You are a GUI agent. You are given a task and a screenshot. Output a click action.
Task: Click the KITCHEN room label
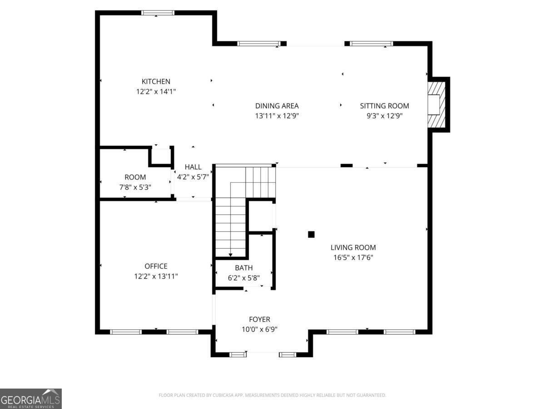tap(156, 81)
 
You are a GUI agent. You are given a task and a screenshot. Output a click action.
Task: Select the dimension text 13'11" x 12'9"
tap(277, 116)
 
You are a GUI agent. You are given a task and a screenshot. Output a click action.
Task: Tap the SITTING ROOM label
tap(384, 106)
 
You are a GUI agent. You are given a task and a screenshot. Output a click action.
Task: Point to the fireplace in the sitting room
tap(436, 105)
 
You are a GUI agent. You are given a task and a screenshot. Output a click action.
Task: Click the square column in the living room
tap(311, 234)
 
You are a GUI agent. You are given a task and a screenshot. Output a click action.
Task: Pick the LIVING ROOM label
tap(353, 248)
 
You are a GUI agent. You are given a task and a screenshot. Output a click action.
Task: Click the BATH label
tap(244, 268)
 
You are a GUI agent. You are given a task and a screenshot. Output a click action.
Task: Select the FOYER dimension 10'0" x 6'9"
tap(259, 329)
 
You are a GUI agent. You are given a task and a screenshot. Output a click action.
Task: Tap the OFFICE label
tap(156, 266)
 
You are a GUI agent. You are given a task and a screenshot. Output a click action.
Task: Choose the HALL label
tap(193, 167)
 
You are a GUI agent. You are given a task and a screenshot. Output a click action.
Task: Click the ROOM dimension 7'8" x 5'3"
tap(135, 187)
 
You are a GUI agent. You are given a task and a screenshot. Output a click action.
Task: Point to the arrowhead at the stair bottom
tap(230, 255)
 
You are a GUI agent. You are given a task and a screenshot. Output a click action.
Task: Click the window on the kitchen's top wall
tap(158, 13)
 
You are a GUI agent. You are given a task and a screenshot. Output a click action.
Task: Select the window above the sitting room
tap(372, 44)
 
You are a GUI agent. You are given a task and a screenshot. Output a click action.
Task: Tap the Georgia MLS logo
tap(31, 399)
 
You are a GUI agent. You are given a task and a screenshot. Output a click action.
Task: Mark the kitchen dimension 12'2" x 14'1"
tap(156, 92)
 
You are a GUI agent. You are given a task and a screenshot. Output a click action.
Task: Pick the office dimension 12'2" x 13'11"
tap(156, 276)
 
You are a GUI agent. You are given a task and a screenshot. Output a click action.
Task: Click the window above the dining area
tap(259, 44)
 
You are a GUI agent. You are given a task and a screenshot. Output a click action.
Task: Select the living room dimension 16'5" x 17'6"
tap(353, 258)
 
